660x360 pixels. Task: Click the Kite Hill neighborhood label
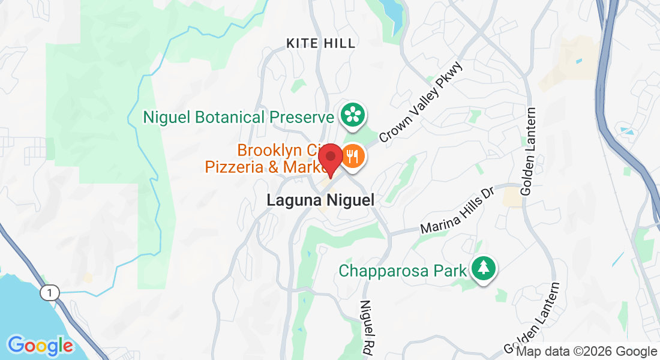[x=321, y=43]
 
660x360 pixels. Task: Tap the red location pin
[x=330, y=160]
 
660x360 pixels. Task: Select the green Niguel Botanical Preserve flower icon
[x=353, y=114]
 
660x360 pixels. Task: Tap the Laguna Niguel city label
[x=320, y=200]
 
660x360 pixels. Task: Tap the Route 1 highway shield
[x=50, y=292]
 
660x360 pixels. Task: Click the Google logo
[x=40, y=346]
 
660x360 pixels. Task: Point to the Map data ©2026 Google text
[x=586, y=352]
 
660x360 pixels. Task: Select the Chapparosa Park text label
[x=403, y=271]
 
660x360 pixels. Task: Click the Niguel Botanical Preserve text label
[x=238, y=117]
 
